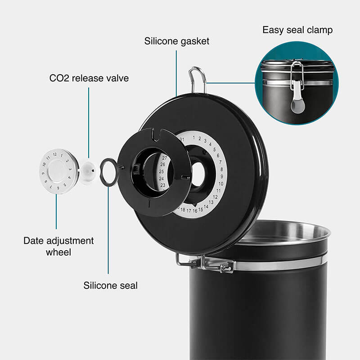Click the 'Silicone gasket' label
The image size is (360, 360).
click(x=176, y=41)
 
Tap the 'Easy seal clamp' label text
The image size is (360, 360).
click(x=297, y=30)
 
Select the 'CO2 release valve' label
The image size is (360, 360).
click(x=89, y=78)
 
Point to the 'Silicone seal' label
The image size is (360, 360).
click(x=110, y=285)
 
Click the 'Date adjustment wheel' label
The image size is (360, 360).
click(x=58, y=246)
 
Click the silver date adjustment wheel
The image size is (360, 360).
click(x=59, y=171)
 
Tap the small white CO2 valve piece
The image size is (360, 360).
click(x=88, y=171)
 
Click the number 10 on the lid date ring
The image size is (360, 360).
click(x=221, y=184)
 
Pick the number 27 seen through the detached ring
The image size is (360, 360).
click(x=164, y=158)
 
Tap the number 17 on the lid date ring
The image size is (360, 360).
click(x=189, y=211)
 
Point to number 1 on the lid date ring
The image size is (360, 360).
click(x=194, y=138)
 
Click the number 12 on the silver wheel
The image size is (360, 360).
click(x=54, y=154)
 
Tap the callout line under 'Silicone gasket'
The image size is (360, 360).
click(x=176, y=73)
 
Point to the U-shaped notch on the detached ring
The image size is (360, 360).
click(x=157, y=135)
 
